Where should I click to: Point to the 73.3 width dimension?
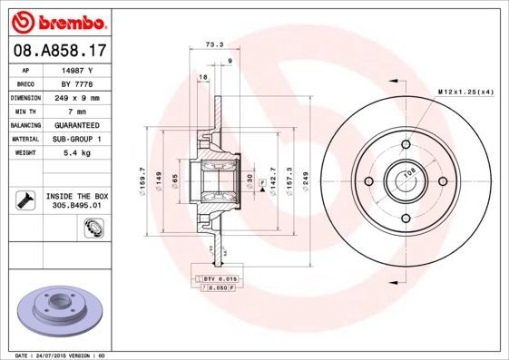pyautogui.click(x=215, y=43)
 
